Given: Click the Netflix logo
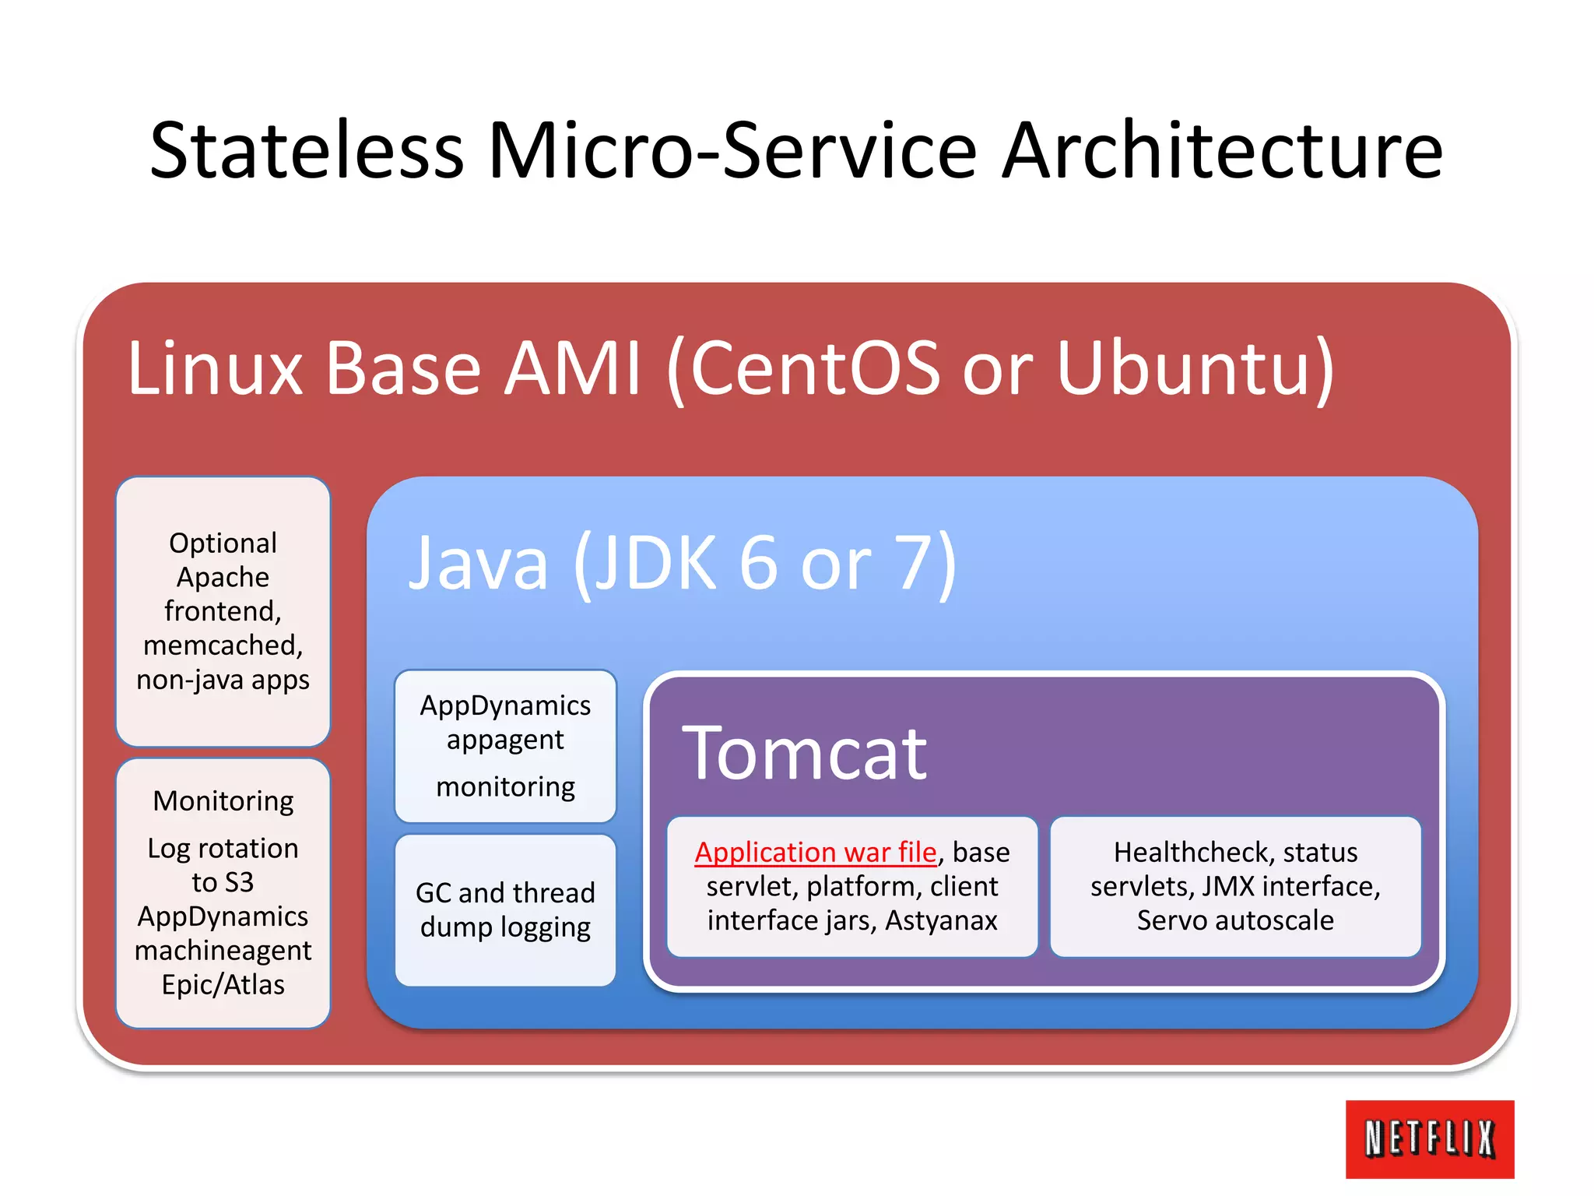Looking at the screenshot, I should click(1429, 1138).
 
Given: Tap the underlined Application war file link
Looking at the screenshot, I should click(815, 852).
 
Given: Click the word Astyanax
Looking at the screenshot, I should click(941, 920).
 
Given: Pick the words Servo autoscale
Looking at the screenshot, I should click(1235, 920).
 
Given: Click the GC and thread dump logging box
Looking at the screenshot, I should click(505, 909).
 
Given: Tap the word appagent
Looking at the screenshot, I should click(505, 740).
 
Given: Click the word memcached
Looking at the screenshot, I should click(223, 645).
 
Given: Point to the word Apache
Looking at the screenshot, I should click(223, 577).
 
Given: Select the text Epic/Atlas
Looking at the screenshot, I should click(223, 985).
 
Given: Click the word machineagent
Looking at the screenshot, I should click(223, 951).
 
